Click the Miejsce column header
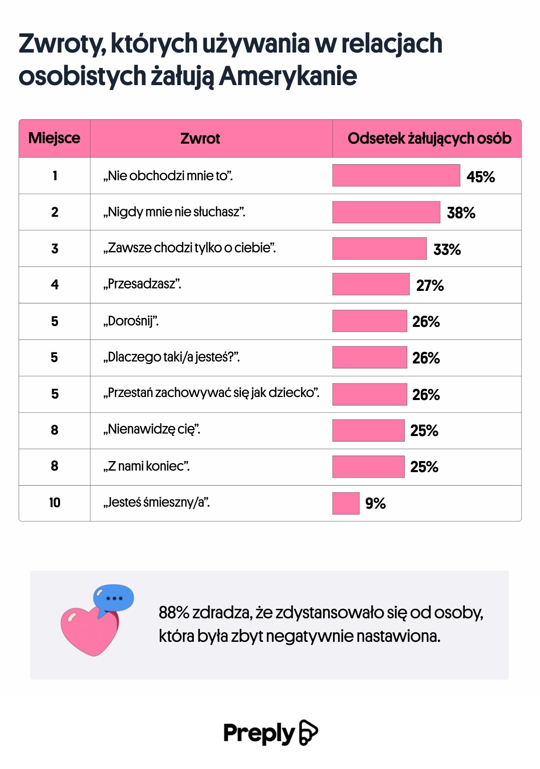coord(54,138)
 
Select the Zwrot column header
coord(200,139)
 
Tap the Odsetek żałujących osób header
coord(429,139)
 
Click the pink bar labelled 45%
coord(396,176)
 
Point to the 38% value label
coord(461,213)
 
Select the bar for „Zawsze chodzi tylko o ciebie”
coord(379,249)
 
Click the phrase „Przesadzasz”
coord(142,284)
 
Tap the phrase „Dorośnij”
coord(131,321)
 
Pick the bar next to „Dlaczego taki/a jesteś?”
coord(369,357)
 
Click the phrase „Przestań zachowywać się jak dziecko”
coord(211,393)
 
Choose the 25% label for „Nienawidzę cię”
coord(424,431)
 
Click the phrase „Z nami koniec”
coord(146,467)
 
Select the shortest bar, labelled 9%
coord(346,503)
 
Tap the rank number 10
coord(55,503)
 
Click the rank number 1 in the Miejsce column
coord(55,176)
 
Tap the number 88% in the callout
coord(174,612)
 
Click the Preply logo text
coord(259,733)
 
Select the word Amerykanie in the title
coord(288,77)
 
